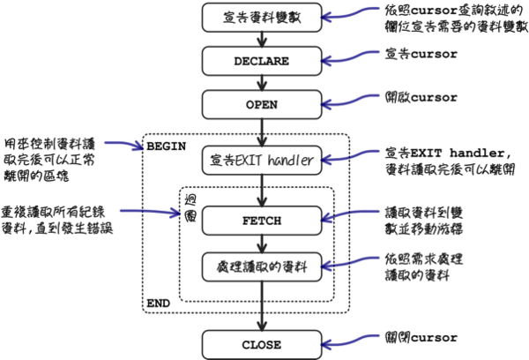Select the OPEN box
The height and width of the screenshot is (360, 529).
pyautogui.click(x=261, y=105)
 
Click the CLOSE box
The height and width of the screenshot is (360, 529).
pyautogui.click(x=261, y=343)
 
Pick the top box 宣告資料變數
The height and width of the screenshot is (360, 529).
pyautogui.click(x=261, y=16)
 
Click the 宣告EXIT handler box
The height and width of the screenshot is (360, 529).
pyautogui.click(x=261, y=160)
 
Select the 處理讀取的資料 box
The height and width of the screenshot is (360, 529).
pyautogui.click(x=261, y=264)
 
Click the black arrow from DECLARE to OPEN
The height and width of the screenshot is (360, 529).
pyautogui.click(x=261, y=83)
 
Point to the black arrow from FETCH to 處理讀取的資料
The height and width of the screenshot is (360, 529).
pyautogui.click(x=261, y=242)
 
